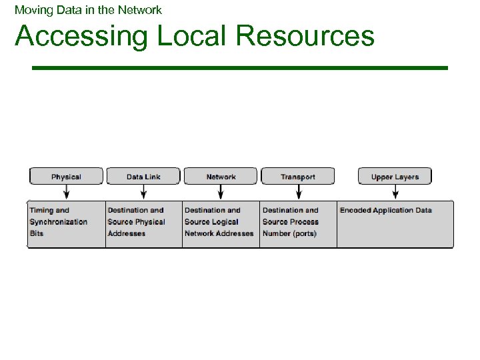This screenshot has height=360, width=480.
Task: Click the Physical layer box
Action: coord(66,177)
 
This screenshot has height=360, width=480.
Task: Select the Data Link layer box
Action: coord(143,177)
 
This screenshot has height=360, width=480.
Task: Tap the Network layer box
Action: coord(221,177)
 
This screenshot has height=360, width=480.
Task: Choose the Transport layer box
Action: coord(298,177)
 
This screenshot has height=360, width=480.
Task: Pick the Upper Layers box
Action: coord(395,177)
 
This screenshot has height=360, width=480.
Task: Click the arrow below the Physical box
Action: coord(66,192)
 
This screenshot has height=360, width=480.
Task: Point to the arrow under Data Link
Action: coord(143,192)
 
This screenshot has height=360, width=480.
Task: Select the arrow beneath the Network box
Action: coord(221,192)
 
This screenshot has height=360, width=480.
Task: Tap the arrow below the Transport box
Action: coord(298,192)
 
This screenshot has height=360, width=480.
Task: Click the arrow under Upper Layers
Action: coord(395,192)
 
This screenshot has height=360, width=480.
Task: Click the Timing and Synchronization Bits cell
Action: coord(65,223)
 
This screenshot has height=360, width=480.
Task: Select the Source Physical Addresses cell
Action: coord(143,223)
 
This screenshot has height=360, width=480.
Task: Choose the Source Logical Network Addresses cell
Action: coord(221,223)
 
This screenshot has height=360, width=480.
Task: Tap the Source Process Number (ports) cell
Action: coord(298,223)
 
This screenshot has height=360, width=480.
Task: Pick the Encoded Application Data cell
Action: coord(395,223)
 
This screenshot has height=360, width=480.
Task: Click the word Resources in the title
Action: coord(305,36)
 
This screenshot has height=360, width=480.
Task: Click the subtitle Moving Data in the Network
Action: coord(88,10)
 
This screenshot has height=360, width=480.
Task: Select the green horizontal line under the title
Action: coord(240,67)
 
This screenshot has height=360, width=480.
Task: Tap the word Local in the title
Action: coord(192,36)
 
